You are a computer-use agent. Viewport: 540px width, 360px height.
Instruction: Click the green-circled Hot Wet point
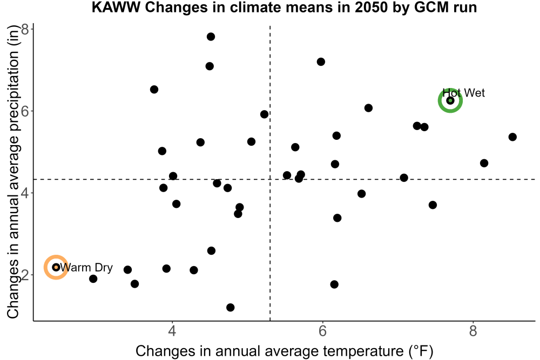(450, 100)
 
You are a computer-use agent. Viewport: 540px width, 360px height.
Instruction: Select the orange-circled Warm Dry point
(56, 267)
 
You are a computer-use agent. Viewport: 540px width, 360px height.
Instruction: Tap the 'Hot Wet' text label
(463, 93)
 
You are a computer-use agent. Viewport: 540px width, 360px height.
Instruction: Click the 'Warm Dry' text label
(86, 267)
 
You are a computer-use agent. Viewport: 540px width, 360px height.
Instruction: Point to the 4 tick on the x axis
(172, 331)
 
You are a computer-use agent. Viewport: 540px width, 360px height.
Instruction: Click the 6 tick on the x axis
(322, 331)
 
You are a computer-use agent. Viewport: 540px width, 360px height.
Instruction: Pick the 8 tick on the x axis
(473, 331)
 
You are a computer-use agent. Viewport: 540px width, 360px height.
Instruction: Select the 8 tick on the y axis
(25, 29)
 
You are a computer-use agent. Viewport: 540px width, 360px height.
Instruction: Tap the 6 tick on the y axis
(25, 111)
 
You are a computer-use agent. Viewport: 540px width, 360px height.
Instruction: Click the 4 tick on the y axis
(25, 193)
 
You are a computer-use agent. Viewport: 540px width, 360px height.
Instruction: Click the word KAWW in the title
(116, 7)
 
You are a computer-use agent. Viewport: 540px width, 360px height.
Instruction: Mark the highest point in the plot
(211, 37)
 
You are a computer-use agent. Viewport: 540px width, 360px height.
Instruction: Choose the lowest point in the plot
(231, 307)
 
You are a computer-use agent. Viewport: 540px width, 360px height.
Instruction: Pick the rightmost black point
(512, 137)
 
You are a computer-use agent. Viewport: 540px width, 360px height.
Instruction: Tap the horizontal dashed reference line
(285, 179)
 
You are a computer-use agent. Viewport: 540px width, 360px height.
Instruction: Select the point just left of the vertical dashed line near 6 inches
(264, 114)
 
